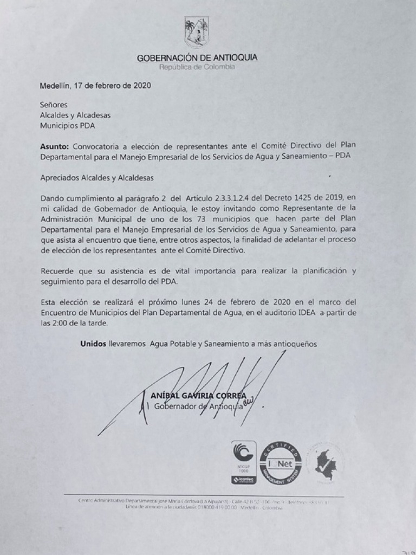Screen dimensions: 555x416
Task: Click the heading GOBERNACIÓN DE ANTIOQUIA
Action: point(197,57)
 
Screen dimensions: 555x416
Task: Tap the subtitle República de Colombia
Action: point(197,67)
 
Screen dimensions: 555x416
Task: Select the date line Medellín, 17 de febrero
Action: point(95,86)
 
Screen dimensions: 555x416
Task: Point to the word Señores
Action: point(54,105)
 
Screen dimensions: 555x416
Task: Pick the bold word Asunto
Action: point(55,146)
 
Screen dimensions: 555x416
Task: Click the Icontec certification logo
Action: point(243,463)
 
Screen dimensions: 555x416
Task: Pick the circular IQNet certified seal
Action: point(280,463)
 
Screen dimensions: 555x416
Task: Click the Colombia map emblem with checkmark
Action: point(326,462)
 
